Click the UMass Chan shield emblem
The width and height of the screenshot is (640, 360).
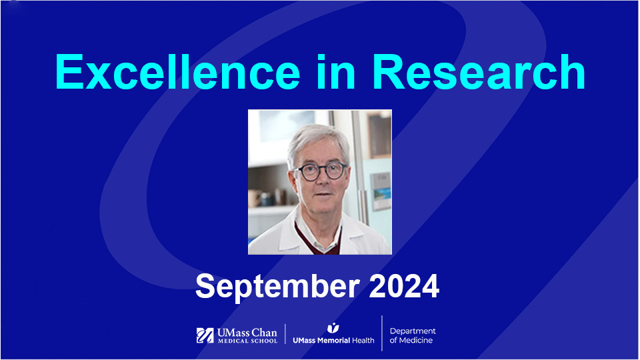[205, 335]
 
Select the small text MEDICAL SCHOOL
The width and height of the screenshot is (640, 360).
[246, 341]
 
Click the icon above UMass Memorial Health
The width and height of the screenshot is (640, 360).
[333, 327]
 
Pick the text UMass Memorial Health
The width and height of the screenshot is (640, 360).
[333, 340]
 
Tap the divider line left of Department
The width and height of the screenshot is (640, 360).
[382, 333]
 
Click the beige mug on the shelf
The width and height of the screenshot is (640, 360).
[255, 199]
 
